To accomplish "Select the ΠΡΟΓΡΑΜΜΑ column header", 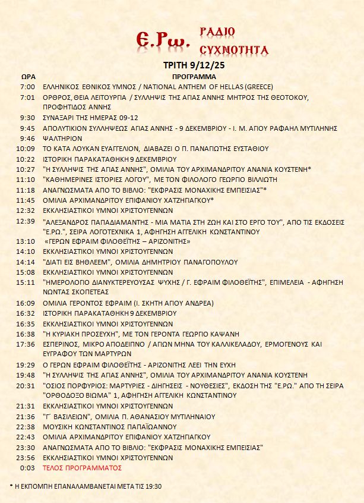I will pos(193,77).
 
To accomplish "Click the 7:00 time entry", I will pos(27,87).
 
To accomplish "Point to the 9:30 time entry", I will pos(27,118).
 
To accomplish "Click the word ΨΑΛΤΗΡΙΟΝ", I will pos(64,138).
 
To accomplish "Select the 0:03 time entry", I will pos(27,468).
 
